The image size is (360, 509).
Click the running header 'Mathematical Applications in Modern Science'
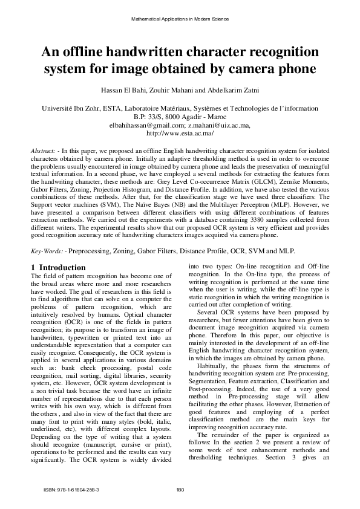pos(180,19)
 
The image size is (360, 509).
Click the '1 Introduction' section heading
pos(58,267)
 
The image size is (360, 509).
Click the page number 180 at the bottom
pos(179,488)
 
